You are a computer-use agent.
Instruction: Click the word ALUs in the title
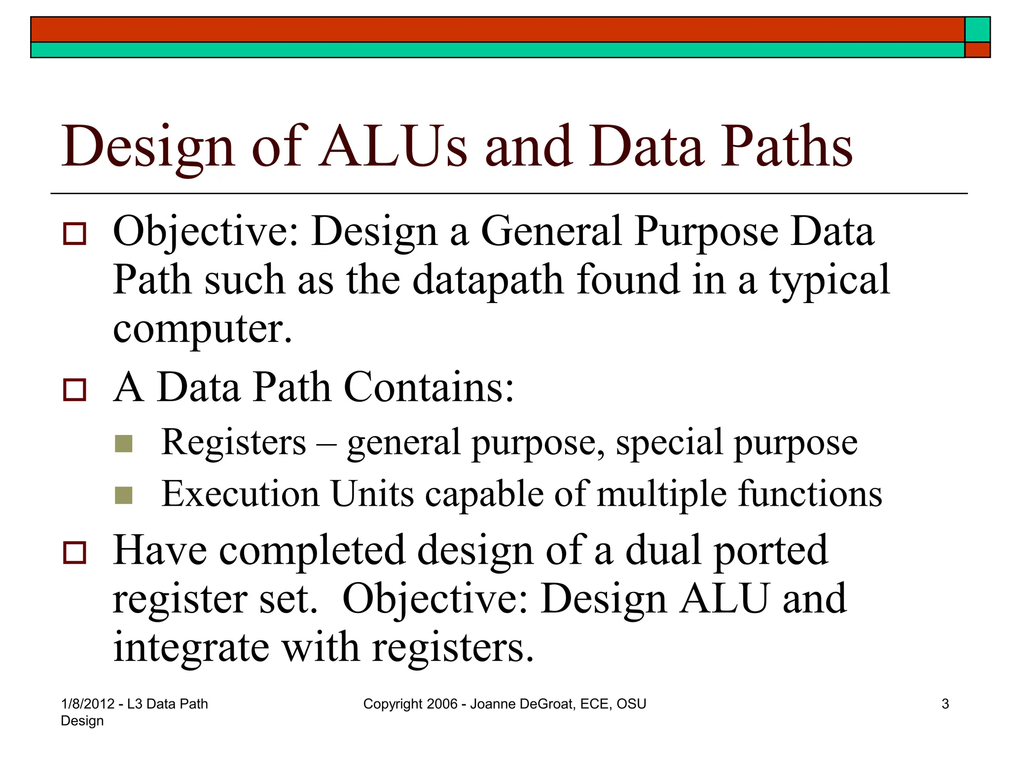393,146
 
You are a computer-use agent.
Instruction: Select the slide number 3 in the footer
945,704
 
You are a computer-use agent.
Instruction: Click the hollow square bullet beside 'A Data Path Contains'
74,390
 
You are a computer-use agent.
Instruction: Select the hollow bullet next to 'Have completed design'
74,552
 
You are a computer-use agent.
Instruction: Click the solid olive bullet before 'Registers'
123,444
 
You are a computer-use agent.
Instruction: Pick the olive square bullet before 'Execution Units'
123,495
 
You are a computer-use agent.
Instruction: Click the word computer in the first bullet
202,329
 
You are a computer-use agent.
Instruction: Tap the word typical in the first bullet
830,281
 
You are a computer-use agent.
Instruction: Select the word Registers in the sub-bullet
234,442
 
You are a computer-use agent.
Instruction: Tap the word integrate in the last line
191,648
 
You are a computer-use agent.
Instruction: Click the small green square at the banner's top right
977,30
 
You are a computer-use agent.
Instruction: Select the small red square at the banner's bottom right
977,50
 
